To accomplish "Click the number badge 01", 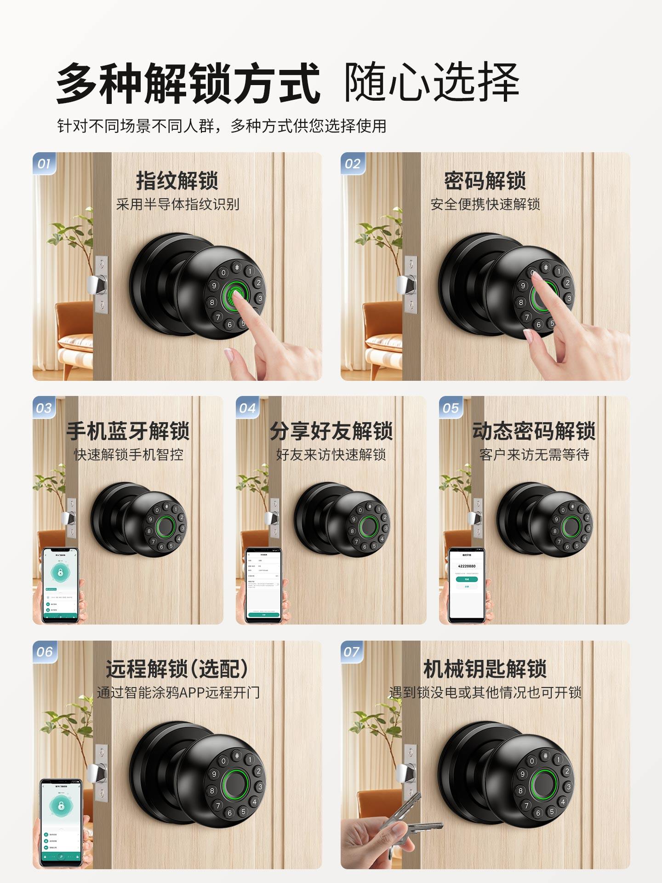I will coord(44,164).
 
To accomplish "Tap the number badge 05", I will coord(451,408).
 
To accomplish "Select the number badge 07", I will coord(351,652).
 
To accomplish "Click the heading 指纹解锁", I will coord(177,181).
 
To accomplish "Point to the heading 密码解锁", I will coord(485,181).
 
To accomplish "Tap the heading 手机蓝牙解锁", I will coord(128,431).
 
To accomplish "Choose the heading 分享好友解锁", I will coord(331,431).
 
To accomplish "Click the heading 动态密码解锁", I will coord(534,431).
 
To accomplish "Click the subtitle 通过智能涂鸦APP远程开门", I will coord(178,693).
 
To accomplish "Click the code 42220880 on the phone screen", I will coord(467,566).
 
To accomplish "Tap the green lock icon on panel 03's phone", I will coord(60,573).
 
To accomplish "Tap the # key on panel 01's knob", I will coord(237,267).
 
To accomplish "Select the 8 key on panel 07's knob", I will coord(520,791).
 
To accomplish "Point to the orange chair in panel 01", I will coord(74,331).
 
